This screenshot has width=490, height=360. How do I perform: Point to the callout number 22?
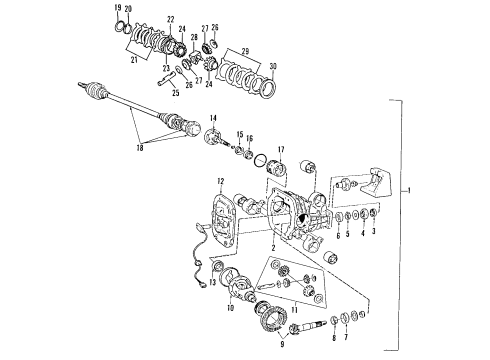[170, 20]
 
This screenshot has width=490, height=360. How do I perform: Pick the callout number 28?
[195, 38]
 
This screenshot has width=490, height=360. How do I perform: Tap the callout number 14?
[212, 120]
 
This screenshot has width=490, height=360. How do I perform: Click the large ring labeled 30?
[267, 88]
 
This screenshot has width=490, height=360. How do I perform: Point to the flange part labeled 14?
[214, 139]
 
